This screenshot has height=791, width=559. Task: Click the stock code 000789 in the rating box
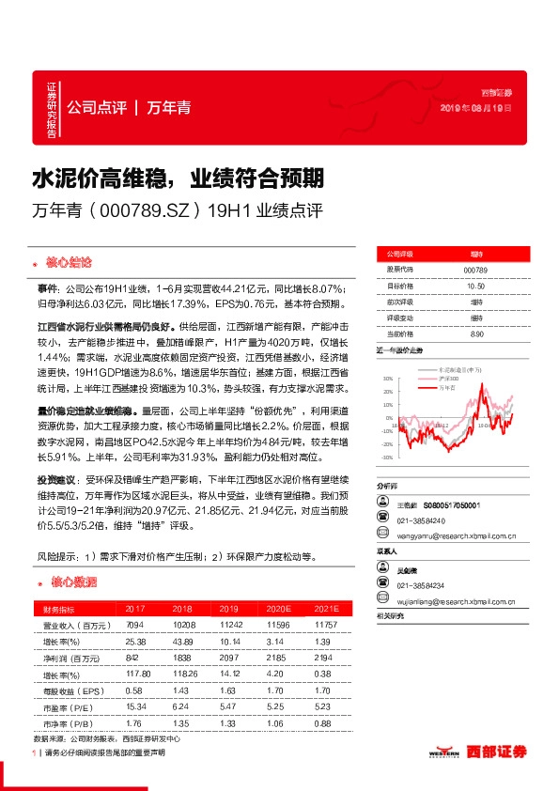pyautogui.click(x=474, y=270)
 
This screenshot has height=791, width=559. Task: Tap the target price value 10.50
pyautogui.click(x=474, y=286)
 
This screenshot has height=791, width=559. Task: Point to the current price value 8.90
pyautogui.click(x=474, y=333)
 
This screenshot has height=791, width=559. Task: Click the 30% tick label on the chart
pyautogui.click(x=388, y=380)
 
